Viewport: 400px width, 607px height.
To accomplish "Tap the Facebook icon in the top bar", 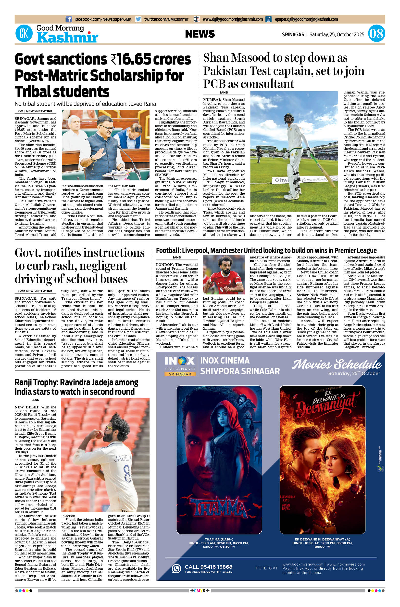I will coord(68,19).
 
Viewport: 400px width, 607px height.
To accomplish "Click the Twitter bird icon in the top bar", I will coord(138,19).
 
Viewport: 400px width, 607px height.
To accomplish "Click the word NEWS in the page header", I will coord(200,34).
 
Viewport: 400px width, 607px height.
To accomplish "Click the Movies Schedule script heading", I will coord(337,364).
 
